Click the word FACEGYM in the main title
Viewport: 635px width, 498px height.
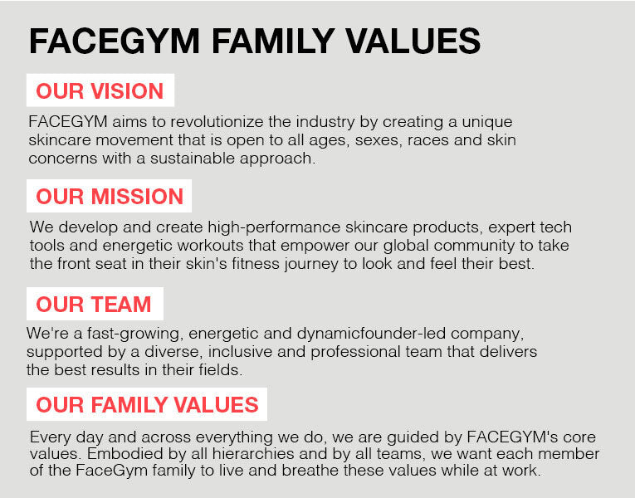point(115,41)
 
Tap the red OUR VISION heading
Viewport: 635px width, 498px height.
point(100,90)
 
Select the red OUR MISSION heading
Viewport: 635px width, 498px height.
point(110,197)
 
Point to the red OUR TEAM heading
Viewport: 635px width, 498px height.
point(94,305)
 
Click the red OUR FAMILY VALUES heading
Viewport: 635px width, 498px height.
point(147,405)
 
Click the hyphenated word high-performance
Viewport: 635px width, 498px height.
point(274,228)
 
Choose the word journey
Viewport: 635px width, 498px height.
point(311,265)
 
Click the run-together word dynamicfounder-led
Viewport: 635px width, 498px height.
point(371,334)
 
